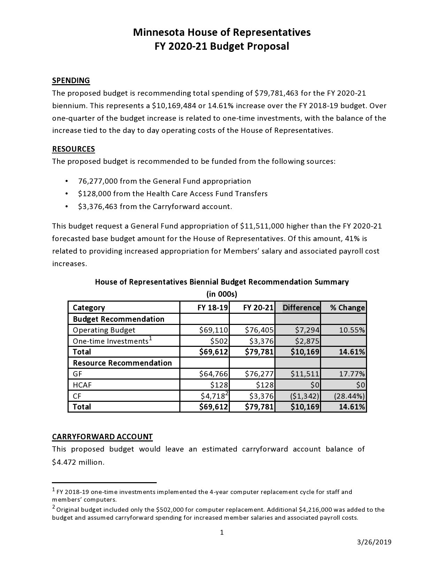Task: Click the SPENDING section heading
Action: (x=71, y=81)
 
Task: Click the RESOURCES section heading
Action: (x=73, y=149)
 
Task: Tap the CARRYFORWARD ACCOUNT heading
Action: (x=102, y=437)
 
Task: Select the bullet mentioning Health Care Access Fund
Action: (x=173, y=194)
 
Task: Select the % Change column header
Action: (x=347, y=308)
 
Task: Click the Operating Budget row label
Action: (x=104, y=330)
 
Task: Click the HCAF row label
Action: (x=82, y=385)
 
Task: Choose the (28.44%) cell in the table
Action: (x=349, y=396)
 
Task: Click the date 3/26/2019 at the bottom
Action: (x=374, y=542)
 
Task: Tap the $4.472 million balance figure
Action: (x=78, y=462)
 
